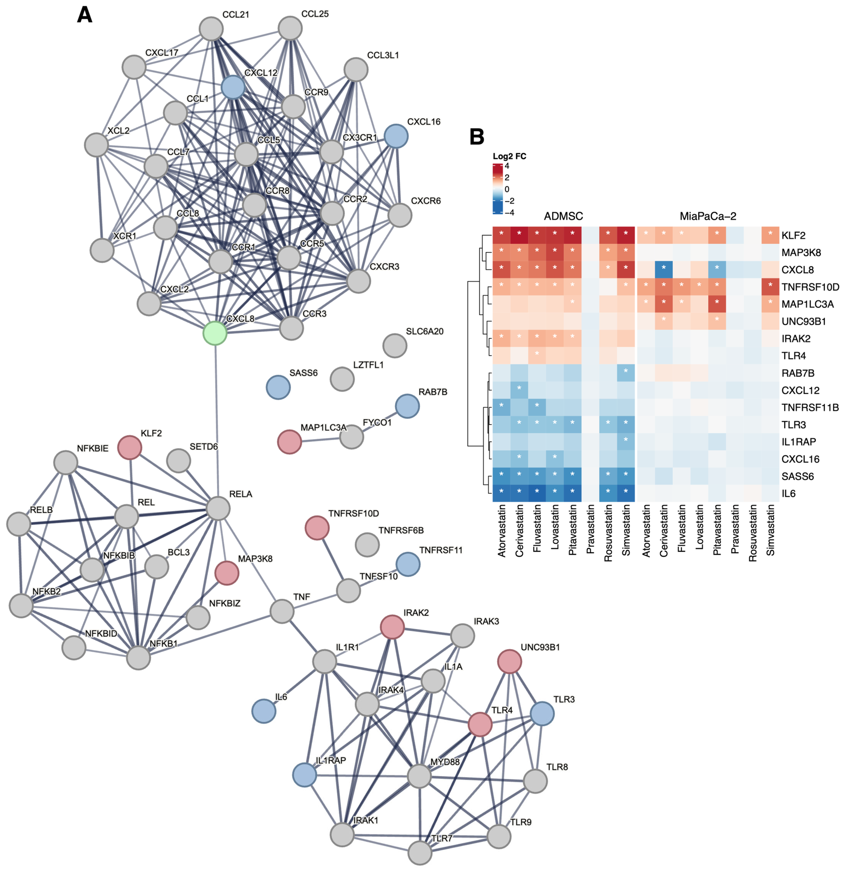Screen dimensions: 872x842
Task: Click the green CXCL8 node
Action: (215, 333)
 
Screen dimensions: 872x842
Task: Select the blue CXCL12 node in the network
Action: (233, 87)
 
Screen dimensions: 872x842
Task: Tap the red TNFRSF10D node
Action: (317, 528)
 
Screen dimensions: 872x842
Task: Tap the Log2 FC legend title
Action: (509, 156)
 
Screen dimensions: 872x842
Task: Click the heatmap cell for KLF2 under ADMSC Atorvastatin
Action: (501, 235)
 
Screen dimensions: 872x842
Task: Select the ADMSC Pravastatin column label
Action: (590, 532)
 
